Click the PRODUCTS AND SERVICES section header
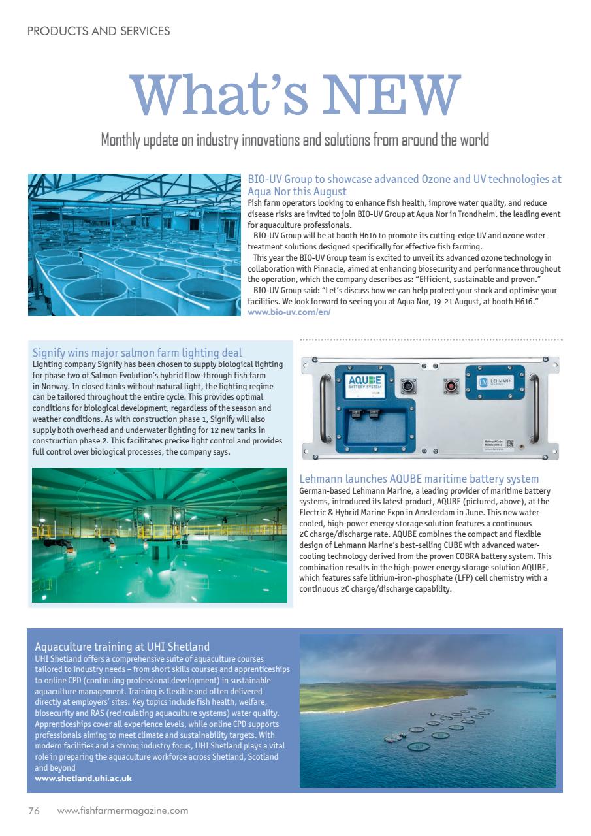[x=99, y=31]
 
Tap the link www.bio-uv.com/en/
[x=289, y=312]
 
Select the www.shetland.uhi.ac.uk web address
[x=83, y=778]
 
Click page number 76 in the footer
[x=34, y=811]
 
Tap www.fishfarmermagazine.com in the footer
[x=123, y=811]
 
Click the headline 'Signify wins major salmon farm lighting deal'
[x=137, y=353]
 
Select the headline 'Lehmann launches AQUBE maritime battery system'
[x=419, y=479]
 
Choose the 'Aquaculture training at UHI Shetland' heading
[x=122, y=647]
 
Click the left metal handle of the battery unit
[x=322, y=408]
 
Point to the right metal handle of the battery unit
[x=535, y=408]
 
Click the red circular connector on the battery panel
[x=451, y=385]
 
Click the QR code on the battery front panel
[x=510, y=444]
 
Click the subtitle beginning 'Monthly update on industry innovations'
[x=295, y=140]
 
